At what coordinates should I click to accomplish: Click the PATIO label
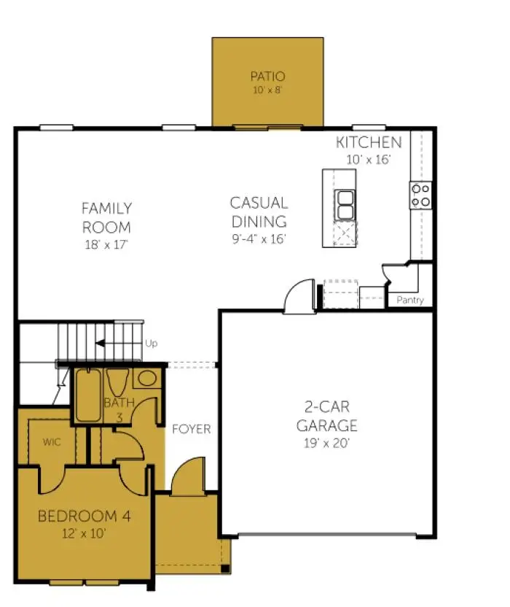[267, 77]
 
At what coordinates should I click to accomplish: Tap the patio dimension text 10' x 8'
[267, 90]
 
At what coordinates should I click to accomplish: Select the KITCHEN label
[369, 142]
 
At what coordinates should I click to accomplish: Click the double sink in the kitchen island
[345, 205]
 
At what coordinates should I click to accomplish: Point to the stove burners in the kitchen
[420, 196]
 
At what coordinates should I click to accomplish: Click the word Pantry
[410, 300]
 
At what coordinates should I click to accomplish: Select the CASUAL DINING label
[259, 212]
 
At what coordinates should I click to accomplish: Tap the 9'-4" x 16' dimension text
[259, 239]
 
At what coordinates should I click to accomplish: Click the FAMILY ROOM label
[106, 217]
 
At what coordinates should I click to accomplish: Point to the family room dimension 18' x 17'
[106, 244]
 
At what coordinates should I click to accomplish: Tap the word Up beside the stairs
[152, 344]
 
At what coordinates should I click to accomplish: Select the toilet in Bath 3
[117, 382]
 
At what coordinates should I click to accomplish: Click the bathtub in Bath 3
[88, 395]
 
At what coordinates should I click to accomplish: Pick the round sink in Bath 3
[147, 378]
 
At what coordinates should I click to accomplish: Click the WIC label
[52, 441]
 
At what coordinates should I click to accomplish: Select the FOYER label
[192, 429]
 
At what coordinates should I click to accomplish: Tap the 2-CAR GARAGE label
[326, 416]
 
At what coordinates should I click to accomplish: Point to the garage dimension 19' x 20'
[326, 443]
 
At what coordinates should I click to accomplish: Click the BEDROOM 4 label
[85, 516]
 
